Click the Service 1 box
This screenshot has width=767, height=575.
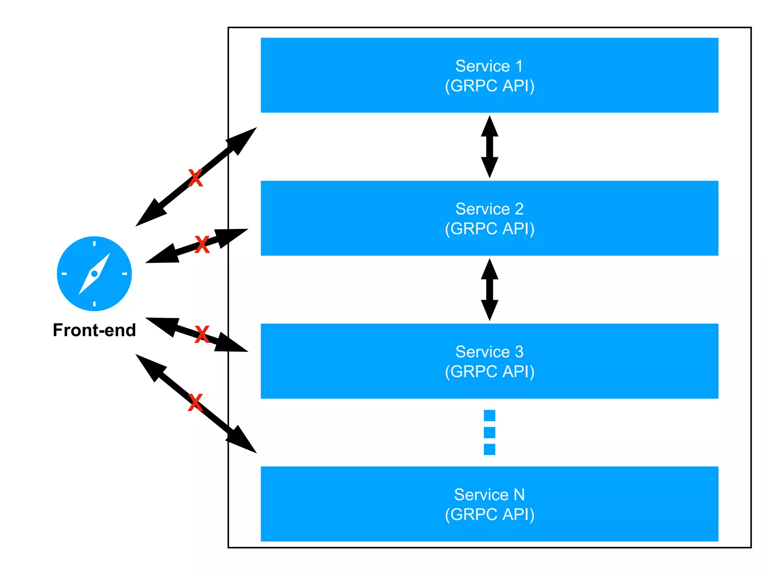coord(489,75)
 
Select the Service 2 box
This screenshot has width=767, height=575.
coord(489,218)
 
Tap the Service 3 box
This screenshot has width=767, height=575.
coord(489,361)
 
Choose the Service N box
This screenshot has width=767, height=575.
coord(489,504)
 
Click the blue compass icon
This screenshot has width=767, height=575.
coord(94,274)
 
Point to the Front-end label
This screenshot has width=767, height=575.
coord(94,330)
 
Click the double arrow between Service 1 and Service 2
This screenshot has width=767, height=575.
coord(489,147)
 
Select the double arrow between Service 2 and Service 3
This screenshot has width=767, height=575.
coord(489,290)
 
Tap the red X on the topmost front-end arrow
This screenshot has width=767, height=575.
coord(195,178)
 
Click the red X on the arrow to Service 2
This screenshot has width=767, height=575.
coord(202,244)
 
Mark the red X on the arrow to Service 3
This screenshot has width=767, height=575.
coord(202,334)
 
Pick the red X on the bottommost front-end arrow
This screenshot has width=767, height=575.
coord(195,402)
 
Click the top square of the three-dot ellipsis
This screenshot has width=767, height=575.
coord(489,416)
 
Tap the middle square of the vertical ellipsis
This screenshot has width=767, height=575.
coord(489,432)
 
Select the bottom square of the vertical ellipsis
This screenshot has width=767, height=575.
coord(489,449)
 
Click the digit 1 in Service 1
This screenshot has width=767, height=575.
coord(519,66)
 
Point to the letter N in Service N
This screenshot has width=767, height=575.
coord(519,495)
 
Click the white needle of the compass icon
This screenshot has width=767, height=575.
coord(94,274)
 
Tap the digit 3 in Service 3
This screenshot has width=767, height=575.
coord(519,352)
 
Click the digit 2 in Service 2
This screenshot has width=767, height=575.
coord(519,209)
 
